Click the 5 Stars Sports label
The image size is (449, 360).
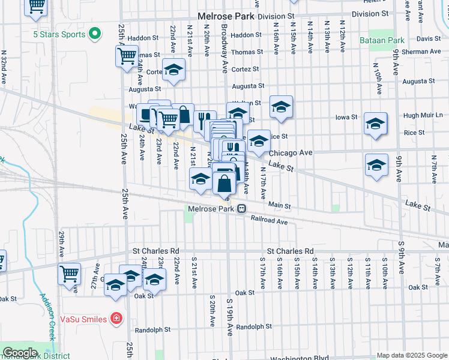point(59,34)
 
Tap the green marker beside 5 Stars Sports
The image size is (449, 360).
point(94,34)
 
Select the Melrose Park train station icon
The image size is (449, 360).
point(241,209)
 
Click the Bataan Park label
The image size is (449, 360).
point(382,40)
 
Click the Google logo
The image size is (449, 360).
point(19,353)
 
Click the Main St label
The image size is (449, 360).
point(279,206)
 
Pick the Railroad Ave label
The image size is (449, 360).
point(270,221)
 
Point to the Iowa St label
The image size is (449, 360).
point(346,117)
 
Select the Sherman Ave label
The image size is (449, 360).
point(424,52)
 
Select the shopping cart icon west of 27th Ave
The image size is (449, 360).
point(69,274)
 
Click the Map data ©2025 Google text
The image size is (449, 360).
point(412,355)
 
